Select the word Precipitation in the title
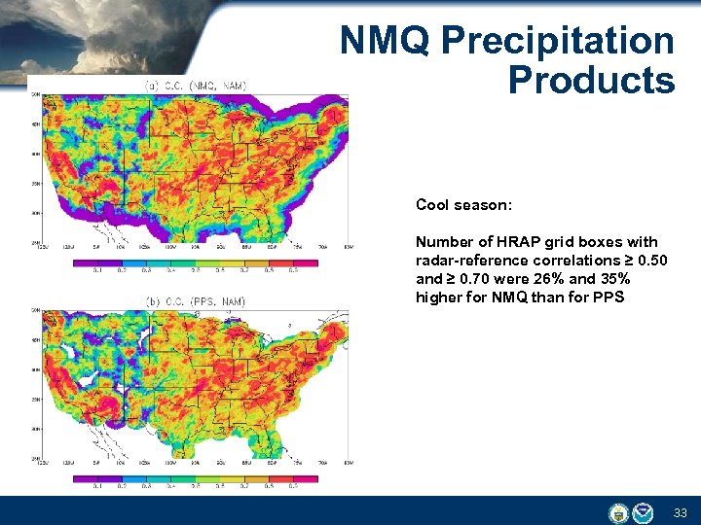(558, 41)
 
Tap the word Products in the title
(591, 80)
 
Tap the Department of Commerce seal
(617, 512)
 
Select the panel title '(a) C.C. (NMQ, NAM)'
(196, 86)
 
